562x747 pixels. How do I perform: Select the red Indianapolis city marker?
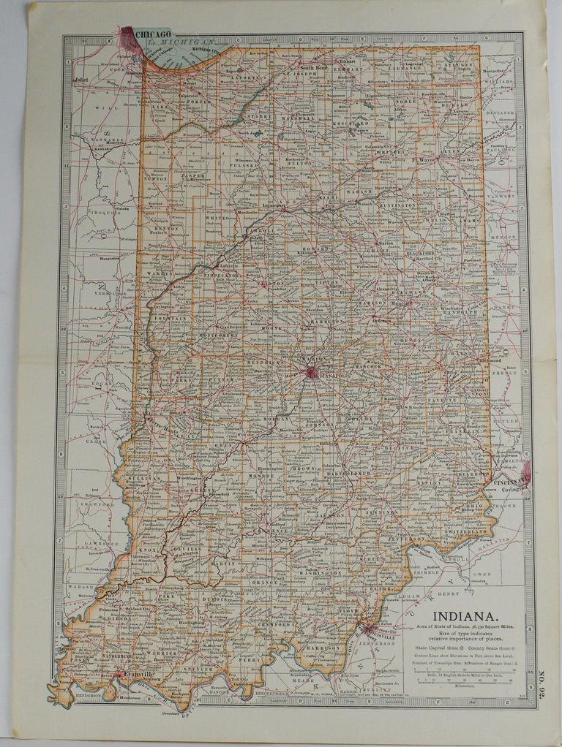pyautogui.click(x=311, y=373)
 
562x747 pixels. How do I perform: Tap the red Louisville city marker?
pyautogui.click(x=365, y=629)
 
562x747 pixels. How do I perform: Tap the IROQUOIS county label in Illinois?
pyautogui.click(x=105, y=211)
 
